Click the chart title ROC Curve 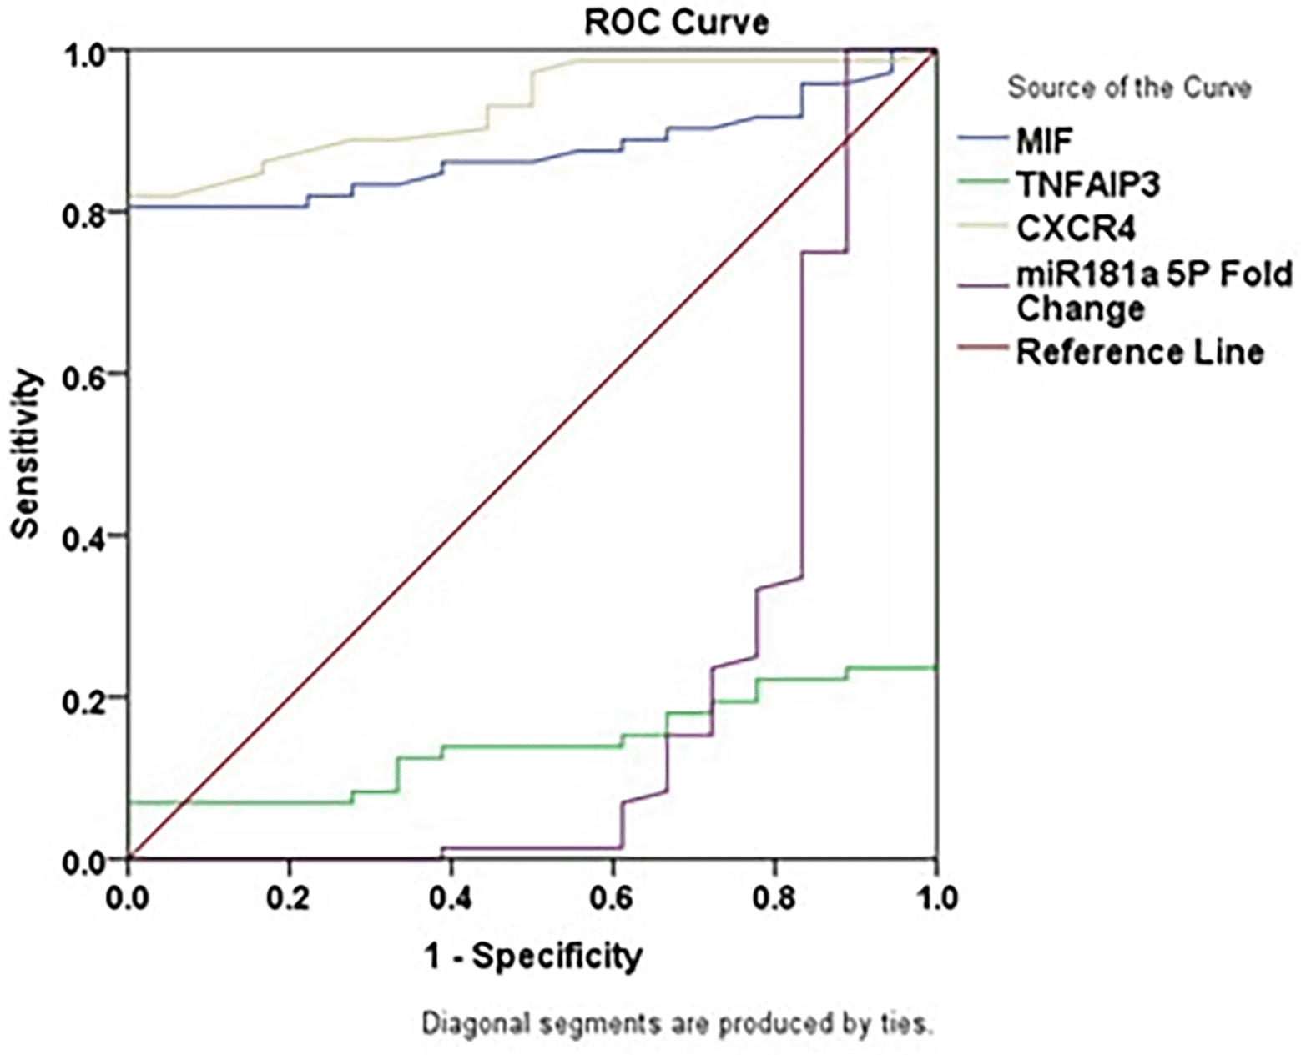675,23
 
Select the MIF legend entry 1043,143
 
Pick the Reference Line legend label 1139,352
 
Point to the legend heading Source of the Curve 1129,88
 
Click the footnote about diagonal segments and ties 677,1023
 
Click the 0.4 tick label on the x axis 451,899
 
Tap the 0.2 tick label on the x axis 289,899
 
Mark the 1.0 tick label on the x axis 936,899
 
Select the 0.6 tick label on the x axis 613,899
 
